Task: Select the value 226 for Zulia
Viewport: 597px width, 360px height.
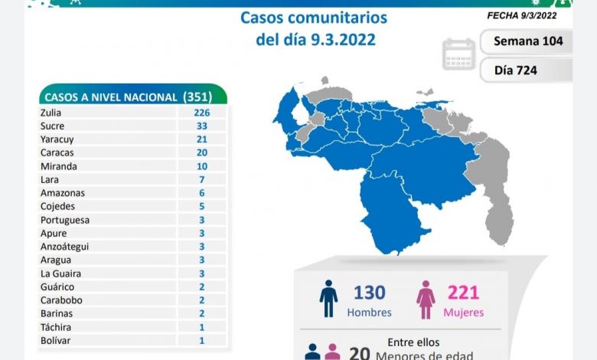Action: tap(202, 113)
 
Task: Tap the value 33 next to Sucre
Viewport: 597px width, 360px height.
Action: tap(202, 126)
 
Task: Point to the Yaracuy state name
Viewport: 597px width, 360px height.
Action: tap(59, 139)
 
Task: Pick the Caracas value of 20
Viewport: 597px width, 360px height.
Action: tap(202, 152)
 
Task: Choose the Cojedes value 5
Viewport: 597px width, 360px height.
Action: tap(202, 206)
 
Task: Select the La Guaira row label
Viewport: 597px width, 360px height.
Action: tap(62, 273)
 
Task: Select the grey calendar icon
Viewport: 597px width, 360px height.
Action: tap(458, 54)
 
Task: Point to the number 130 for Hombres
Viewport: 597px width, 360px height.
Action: tap(369, 293)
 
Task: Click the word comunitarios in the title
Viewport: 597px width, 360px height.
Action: tap(341, 18)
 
